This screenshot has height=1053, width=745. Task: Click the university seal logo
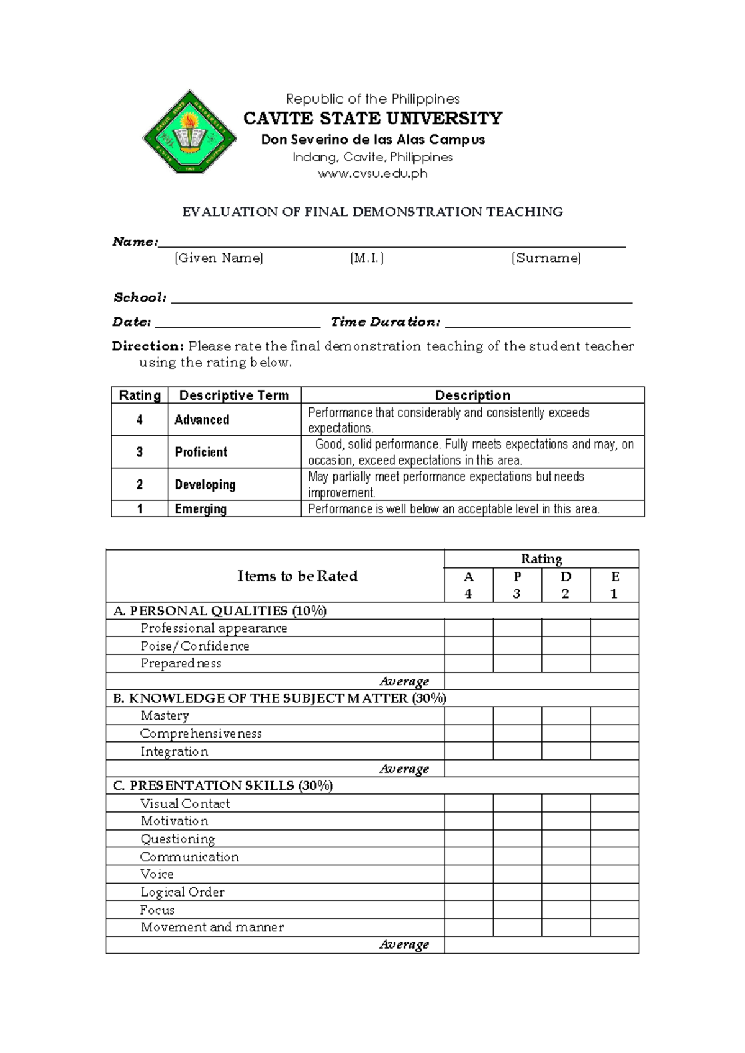(189, 133)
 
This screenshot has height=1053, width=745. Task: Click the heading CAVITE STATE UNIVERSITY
(372, 118)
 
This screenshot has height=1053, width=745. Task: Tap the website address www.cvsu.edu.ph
(372, 173)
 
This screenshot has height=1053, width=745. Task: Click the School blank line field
(401, 298)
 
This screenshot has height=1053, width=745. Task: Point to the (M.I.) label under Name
(367, 258)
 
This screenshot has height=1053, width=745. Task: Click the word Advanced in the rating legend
(202, 420)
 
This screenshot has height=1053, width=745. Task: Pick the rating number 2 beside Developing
(140, 484)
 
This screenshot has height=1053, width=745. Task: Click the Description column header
(472, 395)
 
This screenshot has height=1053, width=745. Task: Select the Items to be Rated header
(297, 576)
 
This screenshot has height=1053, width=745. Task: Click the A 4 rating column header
(469, 585)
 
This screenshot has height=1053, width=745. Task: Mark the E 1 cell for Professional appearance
(614, 628)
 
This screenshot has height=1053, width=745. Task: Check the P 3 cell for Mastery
(517, 715)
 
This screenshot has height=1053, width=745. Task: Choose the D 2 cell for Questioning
(566, 839)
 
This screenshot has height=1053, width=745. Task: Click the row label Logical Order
(183, 892)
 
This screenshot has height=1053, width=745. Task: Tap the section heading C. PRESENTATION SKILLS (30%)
(223, 785)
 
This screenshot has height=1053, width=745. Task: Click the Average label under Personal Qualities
(404, 681)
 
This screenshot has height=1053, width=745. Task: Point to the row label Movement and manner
(212, 927)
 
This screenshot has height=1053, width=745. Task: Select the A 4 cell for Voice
(469, 874)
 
